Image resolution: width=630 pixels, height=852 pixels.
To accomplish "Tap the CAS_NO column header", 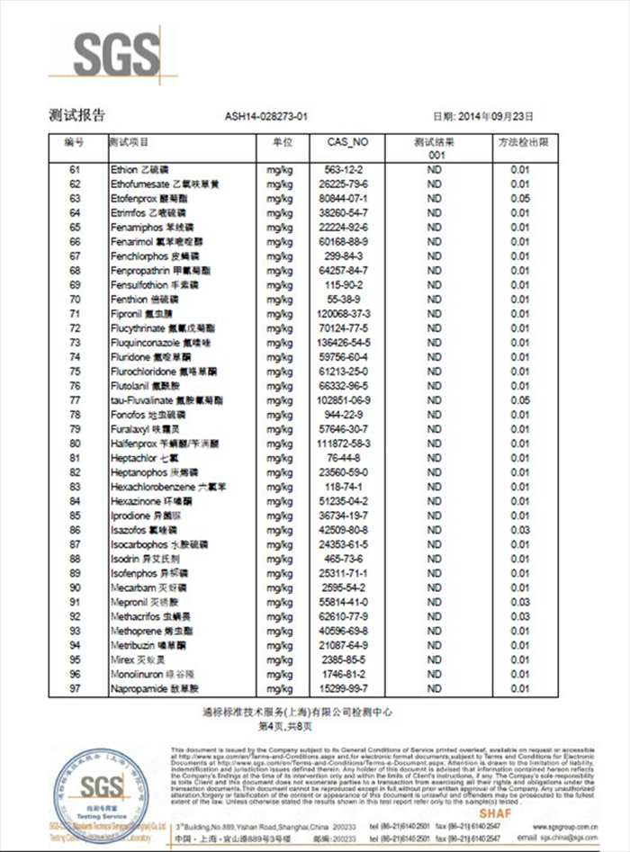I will tap(346, 142).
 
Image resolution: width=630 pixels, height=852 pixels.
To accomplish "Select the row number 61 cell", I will tap(75, 169).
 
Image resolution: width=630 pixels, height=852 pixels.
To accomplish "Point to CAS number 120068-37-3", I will tap(345, 313).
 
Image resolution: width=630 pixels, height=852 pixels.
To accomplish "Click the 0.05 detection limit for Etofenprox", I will tap(520, 198).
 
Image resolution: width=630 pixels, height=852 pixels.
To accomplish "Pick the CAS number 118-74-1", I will tap(345, 486).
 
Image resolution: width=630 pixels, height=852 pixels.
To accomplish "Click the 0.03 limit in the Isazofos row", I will tap(520, 530).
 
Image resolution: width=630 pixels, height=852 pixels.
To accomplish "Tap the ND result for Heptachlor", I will tap(434, 457).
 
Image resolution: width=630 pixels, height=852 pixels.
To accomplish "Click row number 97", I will tap(75, 688).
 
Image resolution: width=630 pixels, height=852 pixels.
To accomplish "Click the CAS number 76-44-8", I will tap(345, 457).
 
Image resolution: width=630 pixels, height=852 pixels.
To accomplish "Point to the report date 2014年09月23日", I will tap(496, 116).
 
